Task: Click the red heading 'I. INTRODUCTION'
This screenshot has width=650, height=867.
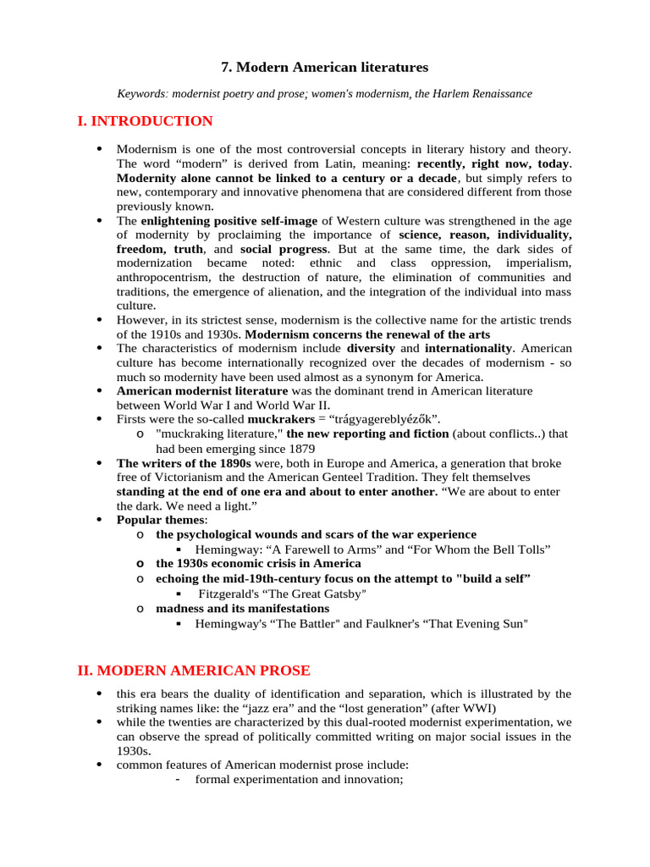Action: tap(145, 121)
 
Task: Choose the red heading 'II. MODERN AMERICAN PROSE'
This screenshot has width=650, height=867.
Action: tap(194, 671)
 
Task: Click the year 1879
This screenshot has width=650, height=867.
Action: tap(300, 448)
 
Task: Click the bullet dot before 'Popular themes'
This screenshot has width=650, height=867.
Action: tap(99, 520)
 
